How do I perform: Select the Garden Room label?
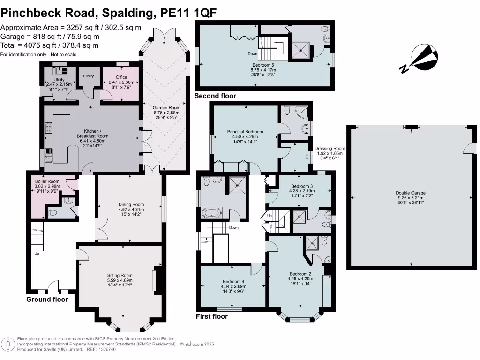click(166, 107)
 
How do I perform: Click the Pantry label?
click(88, 76)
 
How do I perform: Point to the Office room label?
click(121, 77)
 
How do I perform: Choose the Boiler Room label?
click(46, 180)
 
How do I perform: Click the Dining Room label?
click(131, 204)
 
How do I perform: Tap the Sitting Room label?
click(120, 275)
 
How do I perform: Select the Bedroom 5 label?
click(262, 65)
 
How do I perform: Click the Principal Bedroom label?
click(245, 132)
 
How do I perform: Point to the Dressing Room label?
click(330, 148)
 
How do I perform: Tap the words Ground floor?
click(47, 300)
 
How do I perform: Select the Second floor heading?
click(215, 96)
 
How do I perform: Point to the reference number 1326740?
click(106, 350)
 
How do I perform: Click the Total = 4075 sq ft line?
click(49, 45)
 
